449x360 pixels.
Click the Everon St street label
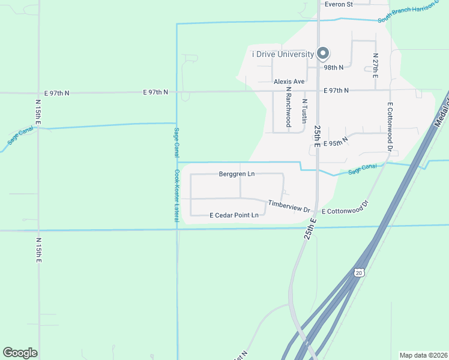click(x=339, y=4)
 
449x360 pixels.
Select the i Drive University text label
click(x=283, y=55)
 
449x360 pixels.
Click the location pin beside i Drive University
click(x=322, y=54)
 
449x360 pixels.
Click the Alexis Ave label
click(x=289, y=81)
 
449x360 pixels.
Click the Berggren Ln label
click(x=237, y=174)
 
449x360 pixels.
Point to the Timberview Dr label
click(x=289, y=207)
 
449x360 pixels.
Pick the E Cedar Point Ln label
click(x=234, y=215)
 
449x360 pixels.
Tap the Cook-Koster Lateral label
click(x=177, y=196)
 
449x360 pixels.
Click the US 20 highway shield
click(x=359, y=272)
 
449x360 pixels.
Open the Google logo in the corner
click(x=20, y=353)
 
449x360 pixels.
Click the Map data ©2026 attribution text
click(x=423, y=355)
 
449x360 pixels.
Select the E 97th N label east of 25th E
click(x=336, y=91)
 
